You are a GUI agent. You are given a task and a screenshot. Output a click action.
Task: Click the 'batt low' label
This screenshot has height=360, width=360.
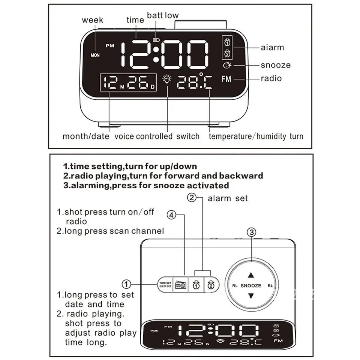click(x=162, y=15)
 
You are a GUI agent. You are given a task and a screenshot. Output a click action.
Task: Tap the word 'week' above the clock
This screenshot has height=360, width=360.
click(x=92, y=20)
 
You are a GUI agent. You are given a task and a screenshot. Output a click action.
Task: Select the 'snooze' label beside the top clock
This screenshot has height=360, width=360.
click(x=276, y=65)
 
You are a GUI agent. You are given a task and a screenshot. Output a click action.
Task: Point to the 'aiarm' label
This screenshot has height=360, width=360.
click(x=272, y=48)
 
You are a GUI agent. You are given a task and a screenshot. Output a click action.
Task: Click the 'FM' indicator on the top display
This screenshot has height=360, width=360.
click(x=226, y=79)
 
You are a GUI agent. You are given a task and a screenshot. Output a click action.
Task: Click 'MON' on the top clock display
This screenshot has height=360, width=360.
click(x=95, y=55)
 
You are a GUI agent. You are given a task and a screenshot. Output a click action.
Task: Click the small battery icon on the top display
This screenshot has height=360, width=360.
click(x=156, y=38)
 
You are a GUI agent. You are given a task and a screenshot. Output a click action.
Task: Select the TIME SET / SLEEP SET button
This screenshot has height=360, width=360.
click(x=165, y=285)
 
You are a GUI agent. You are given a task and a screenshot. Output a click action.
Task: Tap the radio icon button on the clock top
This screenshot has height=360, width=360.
click(x=181, y=285)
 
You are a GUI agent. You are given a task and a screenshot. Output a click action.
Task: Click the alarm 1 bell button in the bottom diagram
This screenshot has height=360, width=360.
click(x=195, y=285)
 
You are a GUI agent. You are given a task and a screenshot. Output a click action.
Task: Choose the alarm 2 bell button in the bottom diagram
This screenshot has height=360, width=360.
click(x=211, y=285)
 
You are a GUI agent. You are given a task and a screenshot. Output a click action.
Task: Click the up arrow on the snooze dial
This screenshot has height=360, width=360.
click(x=251, y=274)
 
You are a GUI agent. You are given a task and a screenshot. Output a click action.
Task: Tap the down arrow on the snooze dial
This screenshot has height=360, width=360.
click(x=251, y=296)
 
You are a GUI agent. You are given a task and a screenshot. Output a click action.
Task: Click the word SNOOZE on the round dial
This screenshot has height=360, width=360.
click(x=251, y=285)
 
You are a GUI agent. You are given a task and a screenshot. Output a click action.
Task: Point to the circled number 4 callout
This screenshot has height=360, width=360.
click(x=171, y=215)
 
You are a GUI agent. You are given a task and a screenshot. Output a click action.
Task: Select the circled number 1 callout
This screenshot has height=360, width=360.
click(x=127, y=284)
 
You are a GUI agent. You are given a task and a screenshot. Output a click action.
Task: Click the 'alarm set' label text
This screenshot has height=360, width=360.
click(x=228, y=198)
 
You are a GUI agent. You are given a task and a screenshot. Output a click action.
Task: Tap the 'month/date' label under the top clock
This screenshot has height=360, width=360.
click(x=86, y=136)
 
